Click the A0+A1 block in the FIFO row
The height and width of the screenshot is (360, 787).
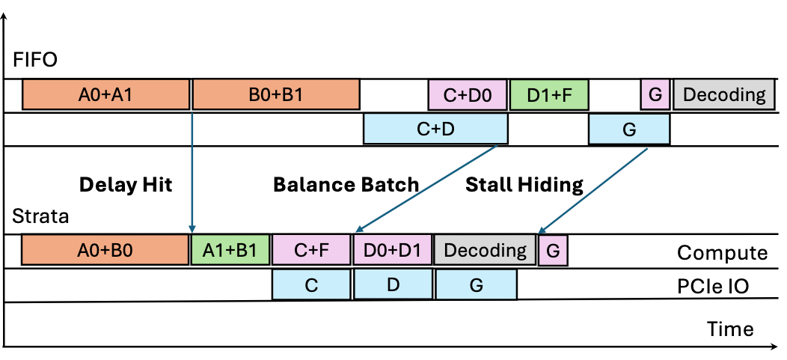point(106,95)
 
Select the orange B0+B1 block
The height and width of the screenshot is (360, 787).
point(276,95)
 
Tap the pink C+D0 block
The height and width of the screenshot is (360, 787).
point(468,95)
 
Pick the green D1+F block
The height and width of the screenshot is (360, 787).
point(549,95)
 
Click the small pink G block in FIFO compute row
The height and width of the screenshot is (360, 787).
point(655,95)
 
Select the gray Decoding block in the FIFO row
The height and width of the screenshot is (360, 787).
point(724,95)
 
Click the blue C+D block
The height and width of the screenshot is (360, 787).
point(435,129)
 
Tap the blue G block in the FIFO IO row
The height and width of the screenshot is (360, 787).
point(629,129)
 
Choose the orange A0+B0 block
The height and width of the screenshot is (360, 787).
point(105,250)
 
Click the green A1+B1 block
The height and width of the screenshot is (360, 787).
point(230,250)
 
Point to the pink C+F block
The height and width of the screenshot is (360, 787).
point(311,250)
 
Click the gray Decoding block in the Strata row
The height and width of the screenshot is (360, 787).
point(486,250)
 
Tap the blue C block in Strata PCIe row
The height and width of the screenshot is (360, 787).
point(311,285)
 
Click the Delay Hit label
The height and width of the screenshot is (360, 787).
point(126,185)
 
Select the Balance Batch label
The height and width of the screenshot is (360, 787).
point(346,185)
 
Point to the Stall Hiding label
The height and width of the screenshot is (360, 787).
point(524,185)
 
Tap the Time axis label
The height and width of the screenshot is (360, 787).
point(730,329)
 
